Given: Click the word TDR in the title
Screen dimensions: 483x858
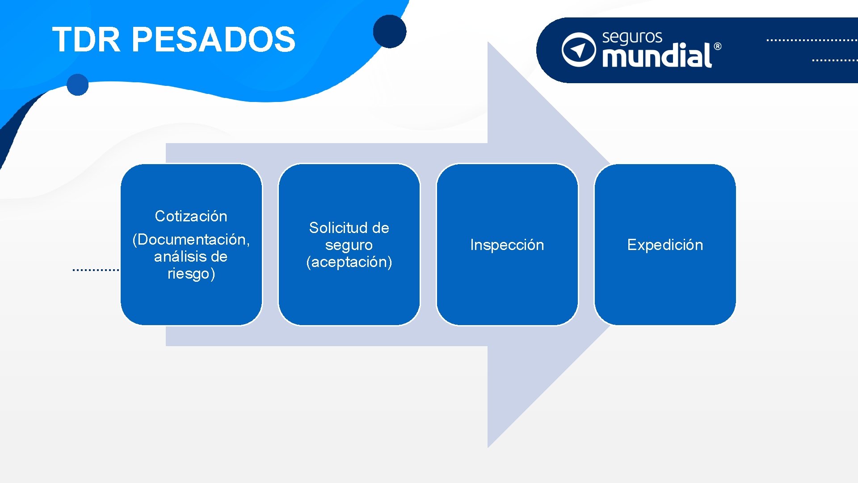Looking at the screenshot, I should pos(86,39).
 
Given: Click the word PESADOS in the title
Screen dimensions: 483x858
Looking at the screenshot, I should pos(214,39).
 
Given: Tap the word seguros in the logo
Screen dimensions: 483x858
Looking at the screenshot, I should pos(632,38).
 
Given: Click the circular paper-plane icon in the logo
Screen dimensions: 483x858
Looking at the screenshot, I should pos(579,50).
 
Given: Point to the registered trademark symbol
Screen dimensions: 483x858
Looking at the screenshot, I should pos(717,47).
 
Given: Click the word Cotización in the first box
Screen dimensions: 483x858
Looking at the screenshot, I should pos(191,216).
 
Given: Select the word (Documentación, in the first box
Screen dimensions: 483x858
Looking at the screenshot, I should pos(191,240).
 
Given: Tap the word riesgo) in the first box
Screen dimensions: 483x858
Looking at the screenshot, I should pos(191,274).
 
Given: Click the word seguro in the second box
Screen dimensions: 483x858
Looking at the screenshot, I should pos(349,245).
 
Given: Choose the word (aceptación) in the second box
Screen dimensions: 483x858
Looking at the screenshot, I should pos(349,262).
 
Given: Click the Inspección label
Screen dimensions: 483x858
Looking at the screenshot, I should pos(507,245).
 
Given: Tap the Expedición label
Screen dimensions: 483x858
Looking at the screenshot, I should pos(665,245).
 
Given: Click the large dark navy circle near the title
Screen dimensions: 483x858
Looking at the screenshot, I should pos(390,31).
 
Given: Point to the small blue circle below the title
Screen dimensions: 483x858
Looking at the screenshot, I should pos(78,85).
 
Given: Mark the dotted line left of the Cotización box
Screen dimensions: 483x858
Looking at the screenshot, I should pos(96,270).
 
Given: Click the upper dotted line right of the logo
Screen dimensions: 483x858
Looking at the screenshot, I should pos(812,40).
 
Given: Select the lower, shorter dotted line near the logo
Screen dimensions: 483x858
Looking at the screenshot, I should pos(834,60).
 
